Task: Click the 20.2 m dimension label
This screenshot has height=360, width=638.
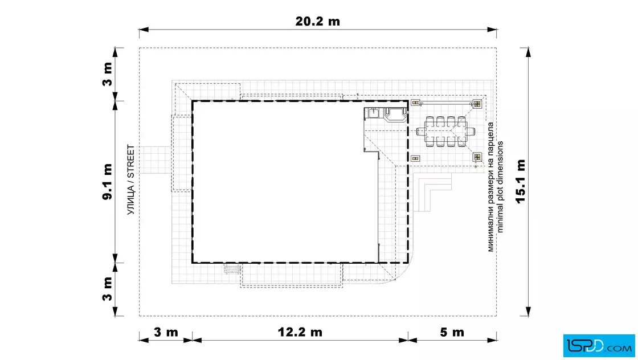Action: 317,22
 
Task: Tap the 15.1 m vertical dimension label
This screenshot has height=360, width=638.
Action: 521,181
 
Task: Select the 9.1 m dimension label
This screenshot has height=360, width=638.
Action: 107,181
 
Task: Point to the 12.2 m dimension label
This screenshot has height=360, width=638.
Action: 300,332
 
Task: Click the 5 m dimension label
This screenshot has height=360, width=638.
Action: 452,332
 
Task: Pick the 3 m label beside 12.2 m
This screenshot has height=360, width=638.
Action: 166,332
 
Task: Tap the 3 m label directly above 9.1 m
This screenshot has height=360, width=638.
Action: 107,74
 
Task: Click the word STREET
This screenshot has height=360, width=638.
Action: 130,162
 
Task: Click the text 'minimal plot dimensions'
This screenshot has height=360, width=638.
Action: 500,187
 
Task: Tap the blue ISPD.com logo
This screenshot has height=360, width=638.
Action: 599,346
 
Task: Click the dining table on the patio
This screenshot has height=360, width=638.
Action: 445,132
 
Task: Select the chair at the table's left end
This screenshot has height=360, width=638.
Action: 420,132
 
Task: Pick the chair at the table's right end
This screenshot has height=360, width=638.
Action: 471,132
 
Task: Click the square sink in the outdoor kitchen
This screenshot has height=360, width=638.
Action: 374,112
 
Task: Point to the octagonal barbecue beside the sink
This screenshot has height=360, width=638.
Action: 395,114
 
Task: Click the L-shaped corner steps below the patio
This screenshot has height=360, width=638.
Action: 432,192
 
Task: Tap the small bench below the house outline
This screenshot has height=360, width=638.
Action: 232,269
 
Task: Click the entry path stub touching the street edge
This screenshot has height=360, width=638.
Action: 155,160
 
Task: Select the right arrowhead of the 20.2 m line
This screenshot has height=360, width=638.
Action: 492,30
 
